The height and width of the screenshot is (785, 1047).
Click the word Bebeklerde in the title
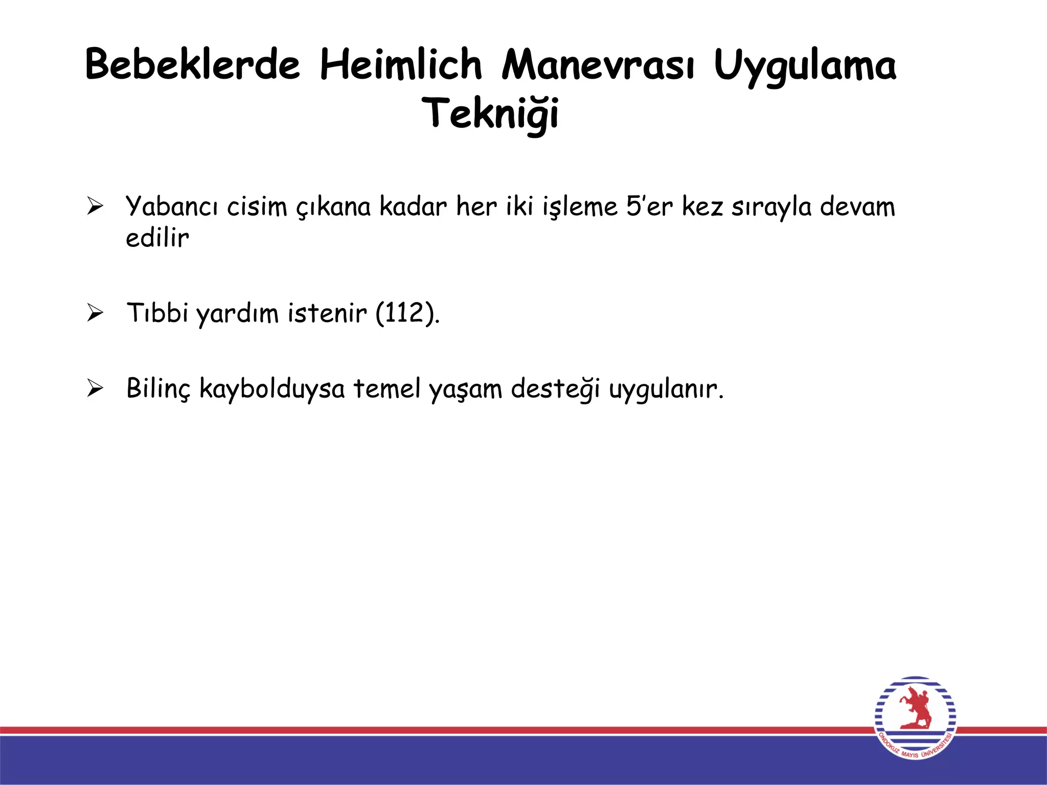[x=192, y=64]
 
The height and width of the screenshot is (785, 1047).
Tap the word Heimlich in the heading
[x=401, y=64]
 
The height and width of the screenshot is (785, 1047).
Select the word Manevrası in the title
[x=598, y=65]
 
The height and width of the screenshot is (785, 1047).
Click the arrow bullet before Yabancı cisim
[x=95, y=206]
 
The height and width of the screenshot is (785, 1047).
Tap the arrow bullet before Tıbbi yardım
[x=95, y=312]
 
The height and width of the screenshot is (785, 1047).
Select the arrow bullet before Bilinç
[x=95, y=388]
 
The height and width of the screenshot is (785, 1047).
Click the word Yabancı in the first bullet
[x=172, y=207]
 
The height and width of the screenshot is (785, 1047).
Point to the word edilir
[x=157, y=238]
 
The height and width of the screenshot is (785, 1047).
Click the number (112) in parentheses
[x=407, y=313]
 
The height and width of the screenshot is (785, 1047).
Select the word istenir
[x=327, y=313]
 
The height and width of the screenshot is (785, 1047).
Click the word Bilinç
[x=158, y=389]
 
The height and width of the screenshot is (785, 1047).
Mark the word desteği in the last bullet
[x=555, y=389]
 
